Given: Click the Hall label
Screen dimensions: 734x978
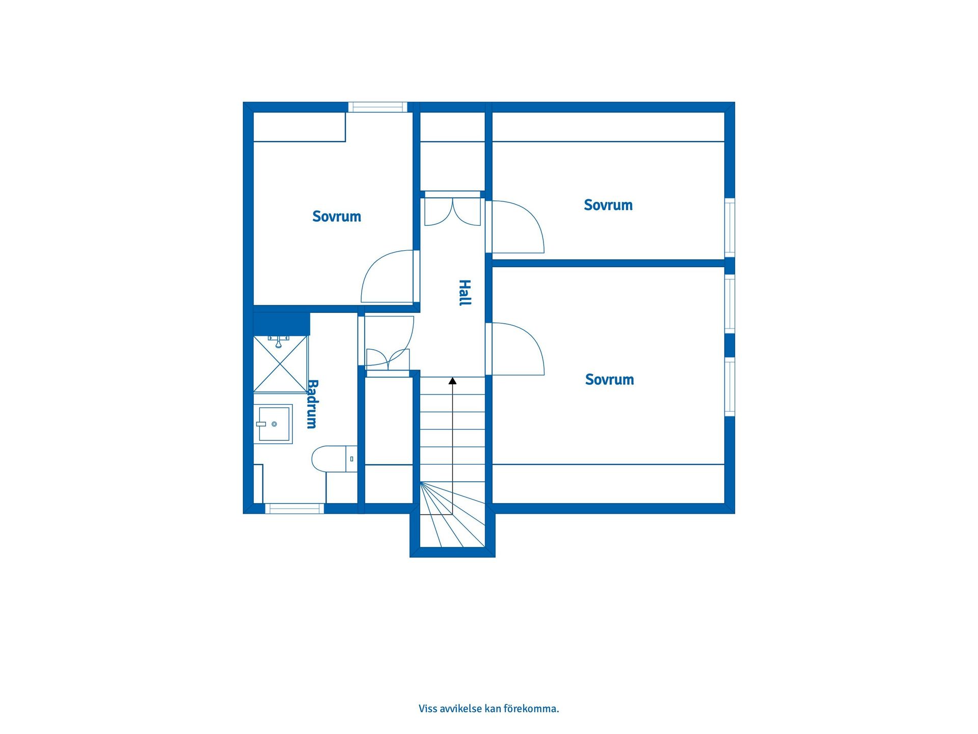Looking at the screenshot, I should tap(465, 293).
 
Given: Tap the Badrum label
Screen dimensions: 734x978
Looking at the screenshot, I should tap(312, 404).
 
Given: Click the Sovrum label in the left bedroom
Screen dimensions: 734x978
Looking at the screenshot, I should tap(337, 217).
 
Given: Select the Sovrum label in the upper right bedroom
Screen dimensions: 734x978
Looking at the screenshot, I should tap(608, 205).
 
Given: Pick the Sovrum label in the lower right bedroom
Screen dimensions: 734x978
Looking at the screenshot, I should tap(609, 380).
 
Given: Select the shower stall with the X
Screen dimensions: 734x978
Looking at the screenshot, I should tap(280, 364).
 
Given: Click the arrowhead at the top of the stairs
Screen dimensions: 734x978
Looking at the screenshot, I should tap(452, 381).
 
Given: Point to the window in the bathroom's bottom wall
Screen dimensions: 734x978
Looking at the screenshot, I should tap(294, 508).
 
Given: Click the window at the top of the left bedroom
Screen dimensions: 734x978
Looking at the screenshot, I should tap(377, 107).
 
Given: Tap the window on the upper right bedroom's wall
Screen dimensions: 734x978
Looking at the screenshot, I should tap(729, 227).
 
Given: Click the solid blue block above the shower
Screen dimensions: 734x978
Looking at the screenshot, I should tap(281, 324).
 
